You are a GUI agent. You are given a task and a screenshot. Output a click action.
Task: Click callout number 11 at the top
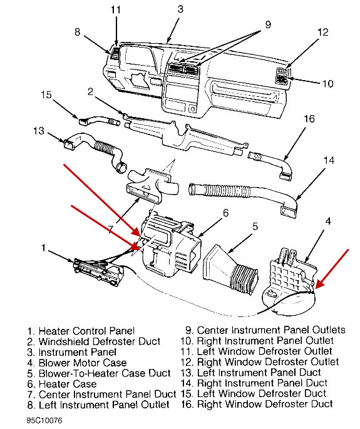115,9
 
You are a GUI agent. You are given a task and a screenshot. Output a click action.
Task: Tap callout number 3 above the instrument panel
180,9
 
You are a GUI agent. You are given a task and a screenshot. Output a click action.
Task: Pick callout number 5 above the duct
255,227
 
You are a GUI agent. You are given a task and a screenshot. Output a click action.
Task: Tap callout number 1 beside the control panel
43,248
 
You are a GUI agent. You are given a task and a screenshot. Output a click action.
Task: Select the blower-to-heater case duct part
229,266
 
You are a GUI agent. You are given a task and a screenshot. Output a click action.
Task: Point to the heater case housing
169,247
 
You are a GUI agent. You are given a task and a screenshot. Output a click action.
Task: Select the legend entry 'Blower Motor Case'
82,363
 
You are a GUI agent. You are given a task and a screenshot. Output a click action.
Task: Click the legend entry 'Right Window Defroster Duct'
265,405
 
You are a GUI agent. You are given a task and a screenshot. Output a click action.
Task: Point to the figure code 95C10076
44,421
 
